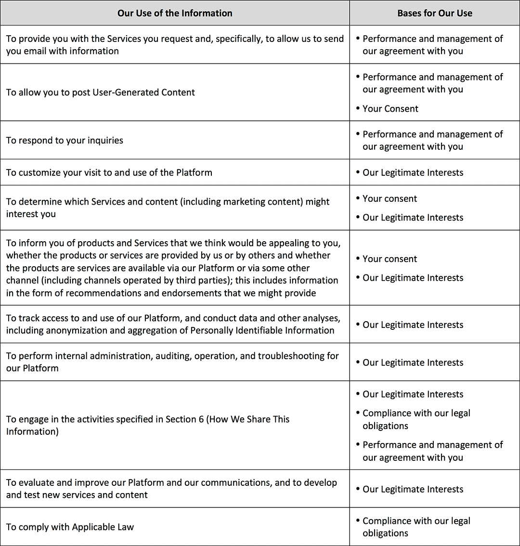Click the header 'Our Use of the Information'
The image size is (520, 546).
pos(175,13)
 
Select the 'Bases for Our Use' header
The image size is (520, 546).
pos(434,13)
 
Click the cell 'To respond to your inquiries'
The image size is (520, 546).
pos(65,141)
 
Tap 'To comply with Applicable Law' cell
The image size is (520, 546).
pos(70,527)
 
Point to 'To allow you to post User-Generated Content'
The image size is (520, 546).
pos(100,92)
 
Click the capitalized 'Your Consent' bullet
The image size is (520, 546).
pos(390,109)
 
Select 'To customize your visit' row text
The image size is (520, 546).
pos(109,172)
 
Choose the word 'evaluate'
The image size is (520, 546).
pos(37,482)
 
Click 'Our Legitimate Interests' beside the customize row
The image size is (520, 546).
pos(413,173)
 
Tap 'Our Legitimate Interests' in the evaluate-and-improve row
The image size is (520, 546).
pos(413,489)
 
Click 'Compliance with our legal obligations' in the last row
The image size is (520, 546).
pos(416,527)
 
